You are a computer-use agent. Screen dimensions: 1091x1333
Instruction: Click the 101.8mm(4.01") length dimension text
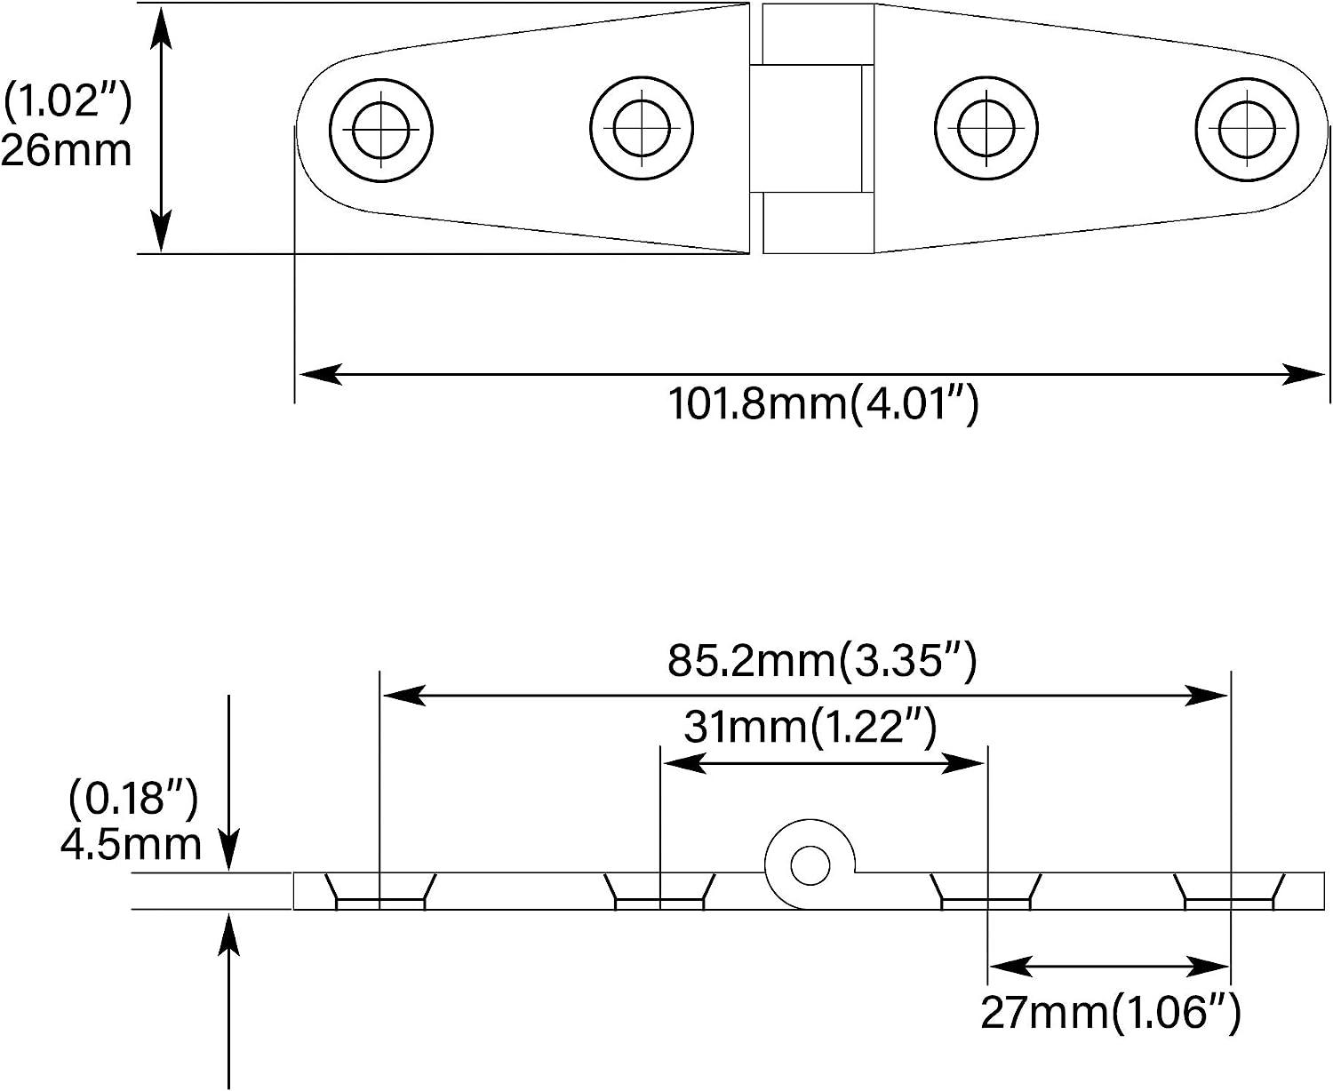(822, 405)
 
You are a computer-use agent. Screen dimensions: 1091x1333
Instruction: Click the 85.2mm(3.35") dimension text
(822, 661)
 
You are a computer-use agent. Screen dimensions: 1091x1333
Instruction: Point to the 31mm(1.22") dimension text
(810, 729)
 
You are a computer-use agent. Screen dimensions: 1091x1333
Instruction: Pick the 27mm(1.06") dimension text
(1110, 1012)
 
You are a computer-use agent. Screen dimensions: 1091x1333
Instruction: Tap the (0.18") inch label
(133, 799)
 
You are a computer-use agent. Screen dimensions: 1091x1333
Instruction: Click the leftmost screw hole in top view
(381, 131)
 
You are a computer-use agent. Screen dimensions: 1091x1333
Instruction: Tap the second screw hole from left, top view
(642, 128)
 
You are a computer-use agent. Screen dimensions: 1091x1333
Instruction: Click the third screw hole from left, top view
(987, 128)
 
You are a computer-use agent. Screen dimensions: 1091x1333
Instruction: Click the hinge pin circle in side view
(809, 865)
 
